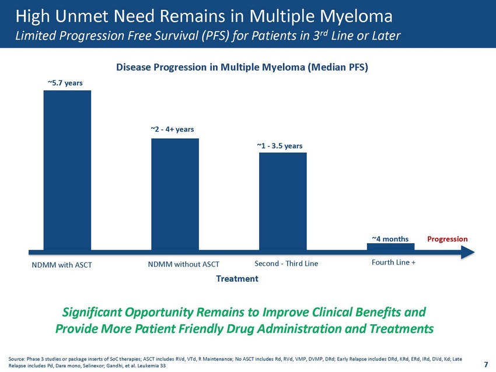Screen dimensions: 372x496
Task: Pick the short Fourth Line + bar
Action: click(390, 247)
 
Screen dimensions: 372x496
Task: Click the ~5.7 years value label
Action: click(65, 83)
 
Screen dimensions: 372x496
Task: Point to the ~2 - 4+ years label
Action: click(172, 129)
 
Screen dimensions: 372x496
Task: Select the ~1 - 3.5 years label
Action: click(280, 146)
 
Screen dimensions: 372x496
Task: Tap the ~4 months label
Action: click(390, 239)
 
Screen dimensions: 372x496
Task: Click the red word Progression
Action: click(448, 239)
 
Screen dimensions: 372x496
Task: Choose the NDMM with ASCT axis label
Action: click(62, 265)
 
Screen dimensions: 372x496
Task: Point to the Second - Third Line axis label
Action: click(287, 264)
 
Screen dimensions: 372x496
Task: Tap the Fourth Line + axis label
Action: click(393, 262)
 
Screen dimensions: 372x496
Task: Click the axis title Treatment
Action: click(237, 279)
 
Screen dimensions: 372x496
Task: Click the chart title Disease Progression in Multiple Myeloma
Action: click(242, 67)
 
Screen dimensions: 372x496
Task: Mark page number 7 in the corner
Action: click(486, 364)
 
